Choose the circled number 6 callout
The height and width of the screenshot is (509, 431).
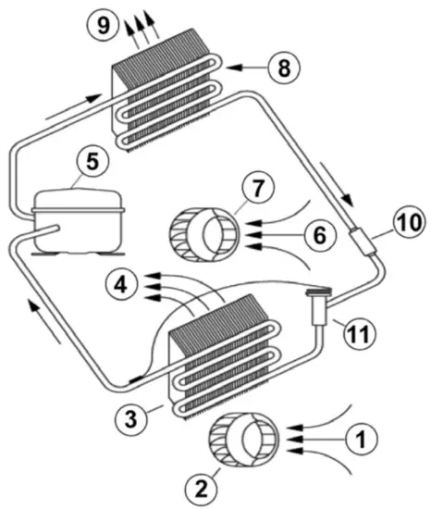tap(317, 236)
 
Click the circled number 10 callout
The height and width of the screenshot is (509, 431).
tap(406, 223)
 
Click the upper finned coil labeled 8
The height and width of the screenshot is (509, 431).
tap(166, 97)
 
